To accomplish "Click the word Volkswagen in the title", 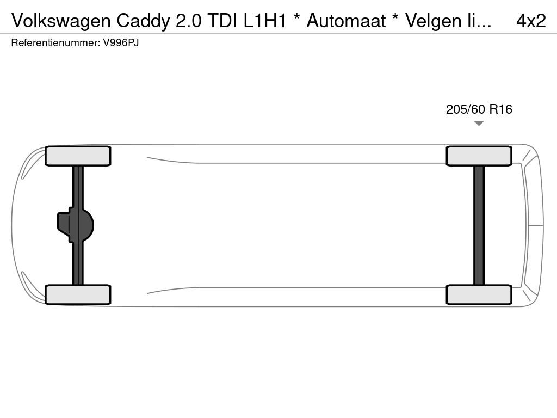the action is pyautogui.click(x=61, y=21).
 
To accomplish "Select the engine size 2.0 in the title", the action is pyautogui.click(x=189, y=21).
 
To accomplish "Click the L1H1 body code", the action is pyautogui.click(x=265, y=21).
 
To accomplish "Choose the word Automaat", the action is pyautogui.click(x=346, y=21).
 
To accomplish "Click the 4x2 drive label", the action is pyautogui.click(x=531, y=21).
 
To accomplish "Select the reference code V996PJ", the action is pyautogui.click(x=121, y=43).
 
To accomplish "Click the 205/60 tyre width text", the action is pyautogui.click(x=466, y=109).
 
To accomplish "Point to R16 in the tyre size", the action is pyautogui.click(x=501, y=109).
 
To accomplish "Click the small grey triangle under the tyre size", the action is pyautogui.click(x=479, y=124).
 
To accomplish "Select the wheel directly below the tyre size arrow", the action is pyautogui.click(x=479, y=156).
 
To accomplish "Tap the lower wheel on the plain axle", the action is pyautogui.click(x=479, y=294).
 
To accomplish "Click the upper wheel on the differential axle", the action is pyautogui.click(x=78, y=156).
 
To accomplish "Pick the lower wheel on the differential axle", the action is pyautogui.click(x=78, y=294).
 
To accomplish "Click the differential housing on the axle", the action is pyautogui.click(x=75, y=225).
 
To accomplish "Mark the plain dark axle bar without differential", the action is pyautogui.click(x=479, y=225).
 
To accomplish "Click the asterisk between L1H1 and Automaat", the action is pyautogui.click(x=296, y=18).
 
